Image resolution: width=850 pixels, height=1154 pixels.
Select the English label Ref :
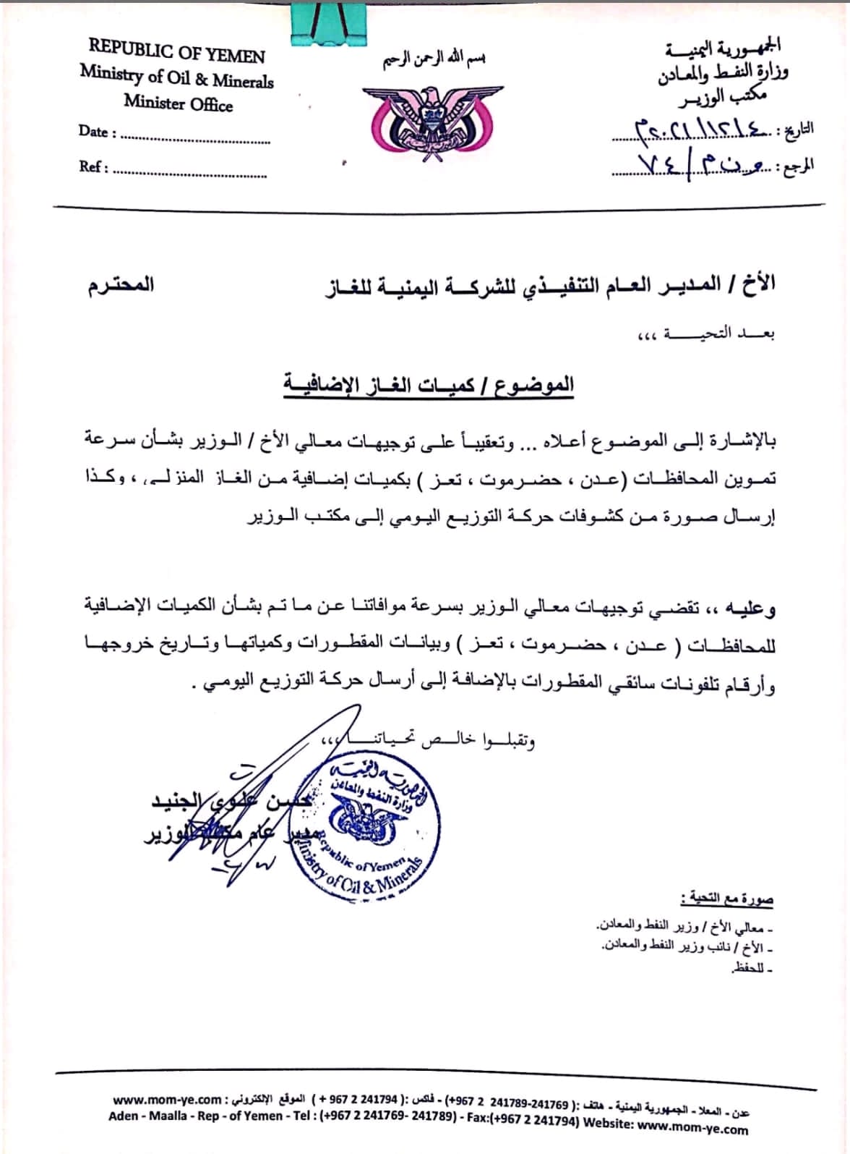coord(93,166)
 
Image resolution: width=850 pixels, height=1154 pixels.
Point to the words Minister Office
coord(178,103)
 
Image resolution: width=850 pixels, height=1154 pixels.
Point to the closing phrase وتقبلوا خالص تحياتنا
coord(426,740)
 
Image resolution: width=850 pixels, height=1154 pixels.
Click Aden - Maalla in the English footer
coord(149,1116)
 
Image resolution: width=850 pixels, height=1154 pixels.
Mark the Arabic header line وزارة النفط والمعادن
coord(723,72)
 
